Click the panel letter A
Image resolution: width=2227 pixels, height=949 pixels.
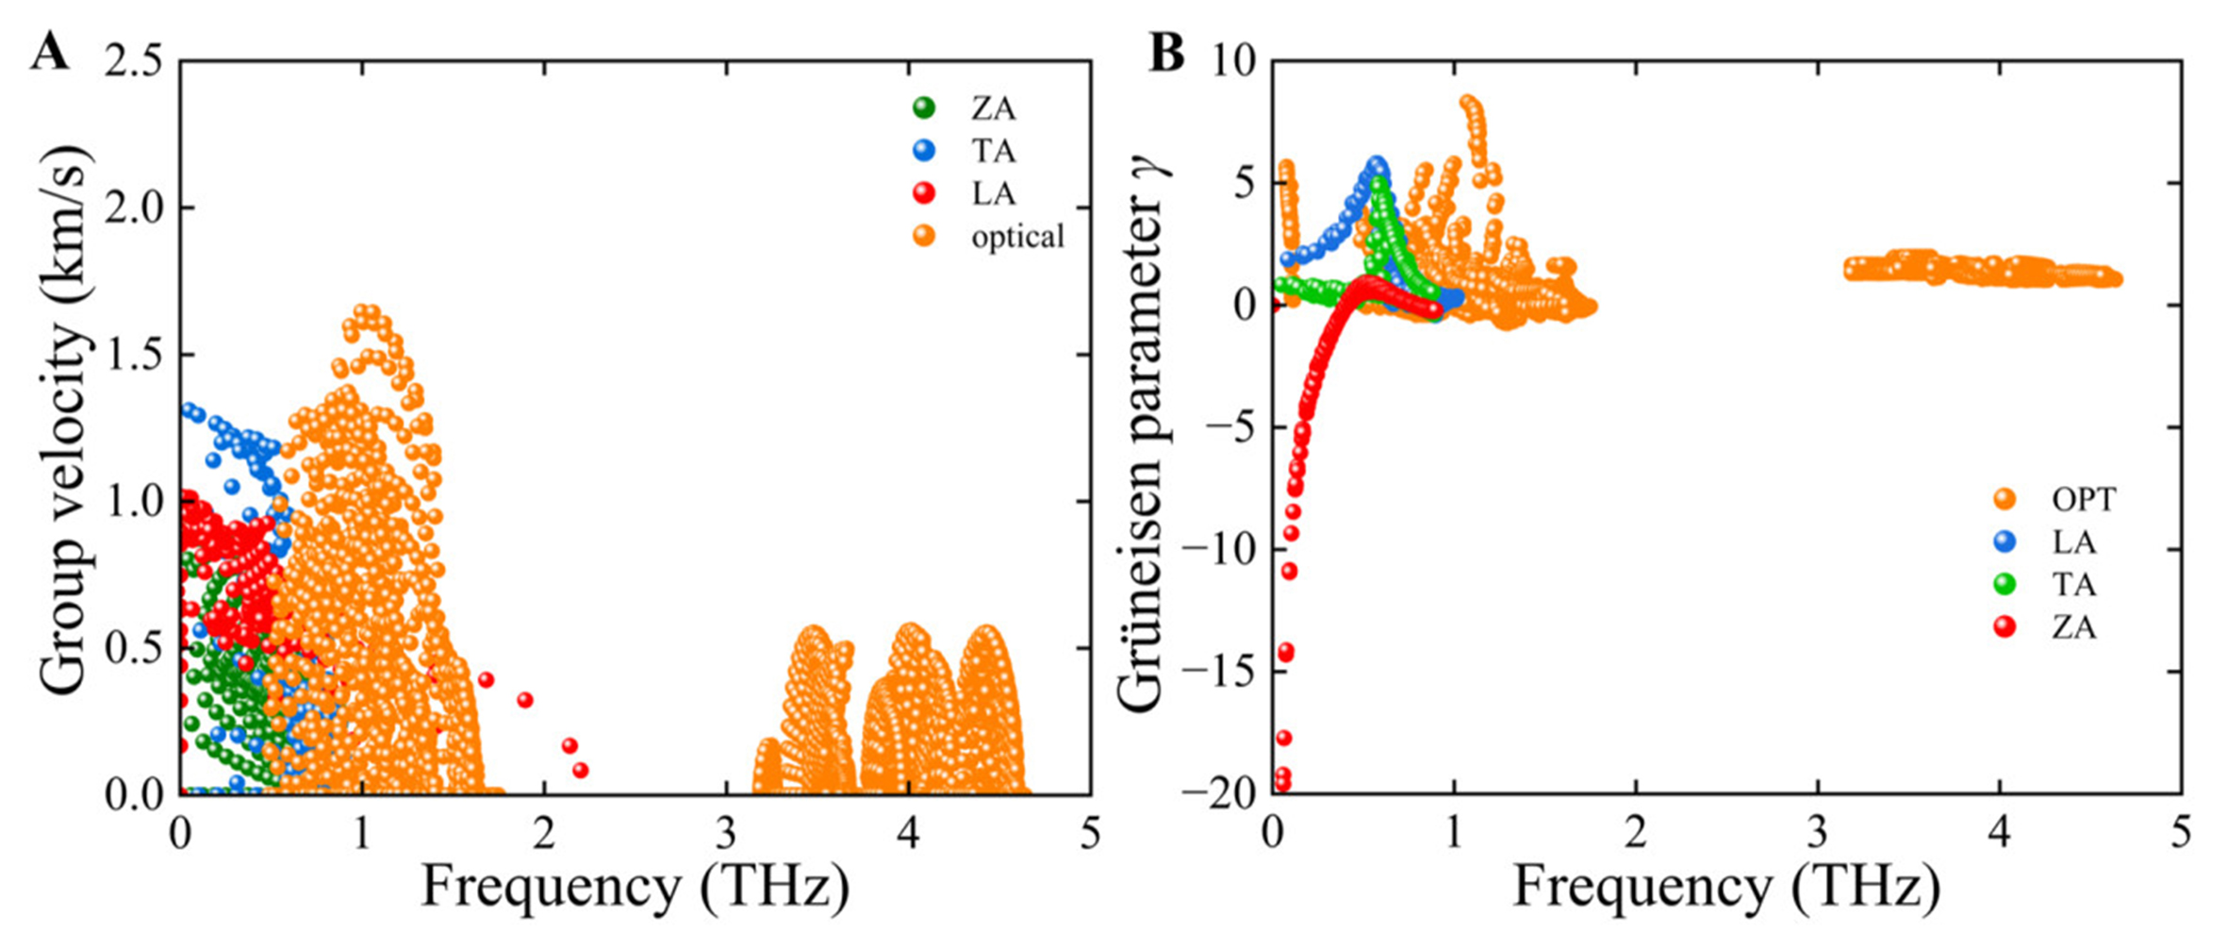(x=50, y=53)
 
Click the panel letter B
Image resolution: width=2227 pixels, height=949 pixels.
(x=1166, y=53)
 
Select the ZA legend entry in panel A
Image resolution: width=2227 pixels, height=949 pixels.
(x=993, y=108)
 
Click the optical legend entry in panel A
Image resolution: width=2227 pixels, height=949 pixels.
(x=1017, y=236)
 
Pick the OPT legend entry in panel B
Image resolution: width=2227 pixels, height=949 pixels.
(x=2083, y=499)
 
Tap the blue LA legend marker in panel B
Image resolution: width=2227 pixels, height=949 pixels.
(x=2005, y=541)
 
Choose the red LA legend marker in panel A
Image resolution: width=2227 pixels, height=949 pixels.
(x=925, y=193)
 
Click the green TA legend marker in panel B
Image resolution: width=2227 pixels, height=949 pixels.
(x=2005, y=584)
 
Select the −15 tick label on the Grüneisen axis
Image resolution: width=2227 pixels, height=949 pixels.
(x=1221, y=672)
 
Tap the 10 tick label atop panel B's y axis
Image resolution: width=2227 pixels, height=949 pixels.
(x=1235, y=62)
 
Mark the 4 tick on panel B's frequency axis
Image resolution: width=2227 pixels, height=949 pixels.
(x=2000, y=834)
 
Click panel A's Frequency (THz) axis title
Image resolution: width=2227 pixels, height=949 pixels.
(x=635, y=888)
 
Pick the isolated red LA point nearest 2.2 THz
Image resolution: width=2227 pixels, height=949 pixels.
(x=581, y=771)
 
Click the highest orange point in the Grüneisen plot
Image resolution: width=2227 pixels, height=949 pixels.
(x=1468, y=102)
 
